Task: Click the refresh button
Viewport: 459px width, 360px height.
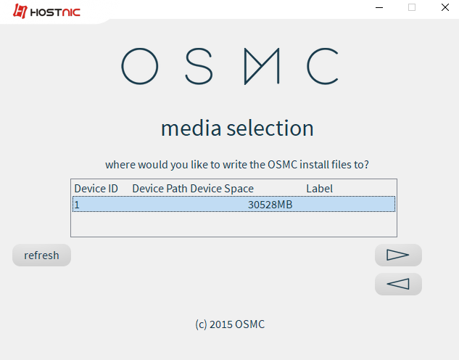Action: [x=41, y=255]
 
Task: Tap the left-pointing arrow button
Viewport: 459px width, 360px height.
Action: [x=398, y=284]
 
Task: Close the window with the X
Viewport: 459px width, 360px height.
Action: [x=445, y=7]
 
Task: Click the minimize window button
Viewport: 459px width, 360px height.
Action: [x=379, y=7]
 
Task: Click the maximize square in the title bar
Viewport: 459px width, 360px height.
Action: [x=412, y=7]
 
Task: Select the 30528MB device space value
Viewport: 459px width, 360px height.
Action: [x=270, y=205]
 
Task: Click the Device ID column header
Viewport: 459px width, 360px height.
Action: [x=96, y=189]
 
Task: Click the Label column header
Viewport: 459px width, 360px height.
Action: [x=319, y=189]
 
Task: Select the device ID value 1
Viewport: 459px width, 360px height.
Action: [x=77, y=205]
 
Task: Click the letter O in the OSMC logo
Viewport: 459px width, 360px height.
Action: [x=122, y=66]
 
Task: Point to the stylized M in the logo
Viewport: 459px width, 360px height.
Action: [x=245, y=67]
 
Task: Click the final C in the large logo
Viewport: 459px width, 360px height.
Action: [x=308, y=67]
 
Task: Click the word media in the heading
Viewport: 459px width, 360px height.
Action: [x=191, y=128]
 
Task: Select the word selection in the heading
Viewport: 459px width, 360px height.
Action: [x=270, y=128]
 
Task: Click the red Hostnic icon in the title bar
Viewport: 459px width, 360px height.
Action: [x=20, y=11]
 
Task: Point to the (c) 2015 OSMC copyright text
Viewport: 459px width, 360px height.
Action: [x=230, y=324]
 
